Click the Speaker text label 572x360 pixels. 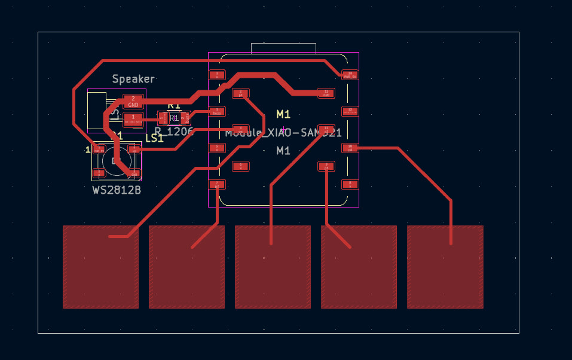click(x=133, y=79)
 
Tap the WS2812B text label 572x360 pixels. click(x=117, y=190)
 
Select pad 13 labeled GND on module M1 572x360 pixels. click(x=326, y=93)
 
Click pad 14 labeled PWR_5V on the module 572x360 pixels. click(x=350, y=75)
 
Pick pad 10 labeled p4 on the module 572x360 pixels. click(x=350, y=148)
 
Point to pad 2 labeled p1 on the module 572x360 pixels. click(x=240, y=93)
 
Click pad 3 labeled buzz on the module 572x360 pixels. click(x=217, y=111)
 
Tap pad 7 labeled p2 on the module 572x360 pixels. click(x=217, y=184)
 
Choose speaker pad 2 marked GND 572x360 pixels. click(x=133, y=101)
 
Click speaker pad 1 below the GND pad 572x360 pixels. click(x=133, y=119)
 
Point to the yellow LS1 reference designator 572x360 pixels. click(x=154, y=138)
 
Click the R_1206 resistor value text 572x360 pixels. click(x=173, y=131)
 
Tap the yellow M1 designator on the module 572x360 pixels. click(x=283, y=114)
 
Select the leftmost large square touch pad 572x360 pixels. click(x=100, y=267)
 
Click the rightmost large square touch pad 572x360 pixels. click(x=445, y=267)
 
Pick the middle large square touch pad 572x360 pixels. click(x=273, y=267)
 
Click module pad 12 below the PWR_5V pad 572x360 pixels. click(x=350, y=111)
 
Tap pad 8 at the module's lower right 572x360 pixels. click(x=350, y=184)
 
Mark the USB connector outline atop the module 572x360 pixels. click(x=283, y=48)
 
